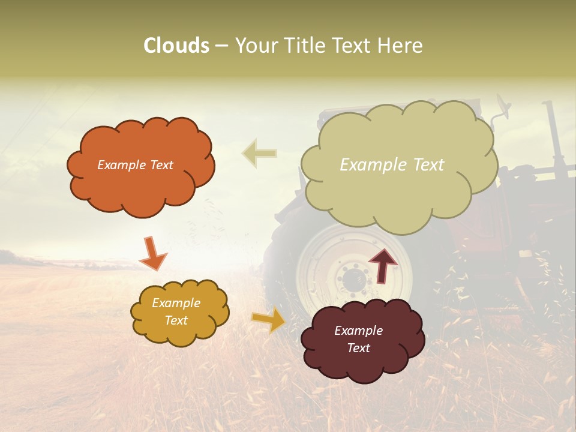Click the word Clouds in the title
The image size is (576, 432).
(176, 46)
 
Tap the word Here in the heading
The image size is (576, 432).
(400, 46)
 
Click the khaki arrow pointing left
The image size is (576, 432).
(259, 153)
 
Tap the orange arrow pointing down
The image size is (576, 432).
(152, 253)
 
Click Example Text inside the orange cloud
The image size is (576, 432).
(135, 165)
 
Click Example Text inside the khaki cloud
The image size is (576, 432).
(392, 165)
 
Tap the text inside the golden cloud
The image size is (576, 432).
(176, 312)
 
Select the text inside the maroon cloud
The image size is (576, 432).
(358, 339)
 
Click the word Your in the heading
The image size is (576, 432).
(254, 46)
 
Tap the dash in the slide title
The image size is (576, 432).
(221, 46)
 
